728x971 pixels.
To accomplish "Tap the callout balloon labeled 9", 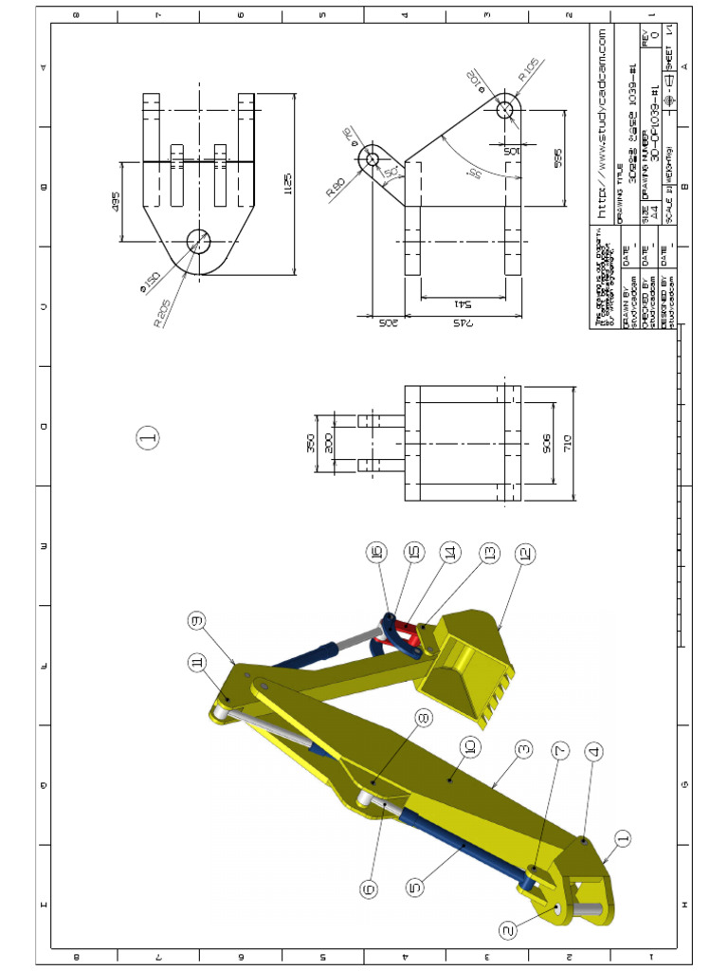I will pos(196,621).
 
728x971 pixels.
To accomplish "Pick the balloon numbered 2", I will pos(509,930).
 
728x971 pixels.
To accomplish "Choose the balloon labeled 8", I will pos(423,719).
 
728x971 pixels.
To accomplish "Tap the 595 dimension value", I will pos(558,154).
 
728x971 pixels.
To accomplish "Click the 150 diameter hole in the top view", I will pos(198,241).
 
